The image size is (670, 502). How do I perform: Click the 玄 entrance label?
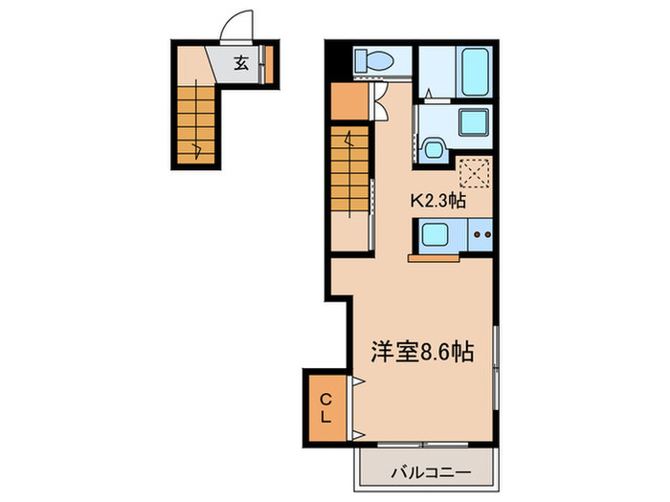(242, 64)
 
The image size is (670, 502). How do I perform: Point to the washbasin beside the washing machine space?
(432, 148)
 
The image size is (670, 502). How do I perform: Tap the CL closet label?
(326, 407)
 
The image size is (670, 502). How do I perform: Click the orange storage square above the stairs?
(347, 103)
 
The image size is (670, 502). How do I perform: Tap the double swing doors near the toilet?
(381, 98)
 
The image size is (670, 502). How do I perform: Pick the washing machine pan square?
(474, 123)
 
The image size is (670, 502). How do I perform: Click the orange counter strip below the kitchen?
(436, 257)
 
